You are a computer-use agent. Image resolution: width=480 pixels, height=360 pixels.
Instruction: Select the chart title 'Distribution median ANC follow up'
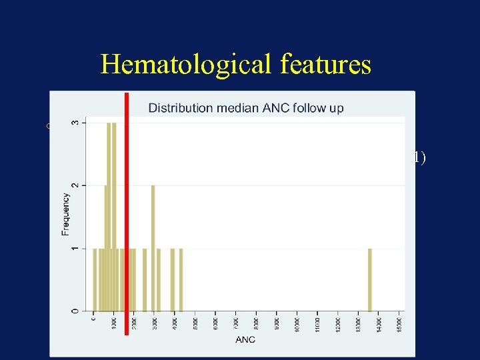click(x=245, y=108)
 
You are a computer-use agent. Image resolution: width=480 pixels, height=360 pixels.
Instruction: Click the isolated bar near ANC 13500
click(x=370, y=279)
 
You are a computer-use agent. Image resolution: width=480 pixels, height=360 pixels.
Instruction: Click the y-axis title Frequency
click(x=65, y=214)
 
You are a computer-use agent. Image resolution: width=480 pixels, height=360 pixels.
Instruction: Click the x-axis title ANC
click(x=245, y=339)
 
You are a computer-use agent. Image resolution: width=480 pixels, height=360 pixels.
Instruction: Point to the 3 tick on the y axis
click(x=75, y=123)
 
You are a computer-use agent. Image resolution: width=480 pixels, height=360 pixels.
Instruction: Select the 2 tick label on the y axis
click(x=75, y=185)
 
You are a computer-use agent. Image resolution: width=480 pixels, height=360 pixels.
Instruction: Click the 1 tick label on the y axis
click(x=75, y=249)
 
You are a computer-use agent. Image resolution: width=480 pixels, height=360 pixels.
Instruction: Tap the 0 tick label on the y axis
click(x=75, y=311)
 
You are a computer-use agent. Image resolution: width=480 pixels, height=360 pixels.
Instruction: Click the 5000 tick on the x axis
click(x=195, y=323)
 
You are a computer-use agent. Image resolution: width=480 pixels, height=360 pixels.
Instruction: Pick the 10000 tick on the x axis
click(x=297, y=323)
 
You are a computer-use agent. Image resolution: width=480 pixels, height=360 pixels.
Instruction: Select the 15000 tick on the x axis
click(x=400, y=323)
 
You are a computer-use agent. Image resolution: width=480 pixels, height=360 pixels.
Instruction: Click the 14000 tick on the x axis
click(x=379, y=323)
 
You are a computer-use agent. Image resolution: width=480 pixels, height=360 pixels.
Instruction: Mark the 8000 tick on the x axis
click(x=257, y=323)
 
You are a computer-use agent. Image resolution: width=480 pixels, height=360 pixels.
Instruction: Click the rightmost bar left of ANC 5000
click(x=181, y=279)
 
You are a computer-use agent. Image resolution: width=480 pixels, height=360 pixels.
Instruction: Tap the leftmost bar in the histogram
click(x=95, y=279)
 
